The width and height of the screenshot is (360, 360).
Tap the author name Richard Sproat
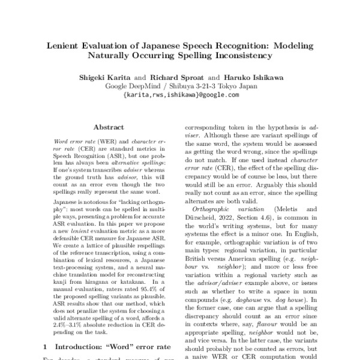[x=179, y=77]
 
